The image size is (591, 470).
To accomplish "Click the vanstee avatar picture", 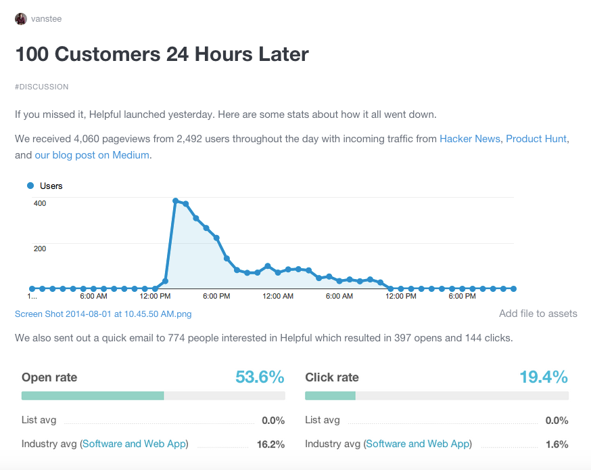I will (21, 19).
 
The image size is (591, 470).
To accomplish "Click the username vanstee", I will (46, 19).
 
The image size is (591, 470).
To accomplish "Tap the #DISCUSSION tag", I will (42, 87).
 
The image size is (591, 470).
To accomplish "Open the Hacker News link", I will (469, 139).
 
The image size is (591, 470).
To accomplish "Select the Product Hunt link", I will (536, 139).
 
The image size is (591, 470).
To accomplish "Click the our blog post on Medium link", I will (91, 155).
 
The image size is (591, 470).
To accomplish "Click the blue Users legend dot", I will (30, 186).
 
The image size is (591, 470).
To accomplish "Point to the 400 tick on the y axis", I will (41, 203).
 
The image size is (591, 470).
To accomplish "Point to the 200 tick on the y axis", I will (41, 249).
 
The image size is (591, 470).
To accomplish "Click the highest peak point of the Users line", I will (175, 201).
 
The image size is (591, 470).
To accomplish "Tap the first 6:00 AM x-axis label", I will (93, 296).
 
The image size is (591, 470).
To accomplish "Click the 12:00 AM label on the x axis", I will (277, 296).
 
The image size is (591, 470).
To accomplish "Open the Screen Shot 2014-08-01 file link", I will (103, 314).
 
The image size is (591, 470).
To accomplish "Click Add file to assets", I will (538, 314).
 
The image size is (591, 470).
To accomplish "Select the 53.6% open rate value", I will (260, 377).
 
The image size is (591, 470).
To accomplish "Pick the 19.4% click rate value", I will (543, 377).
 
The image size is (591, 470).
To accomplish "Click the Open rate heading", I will (49, 377).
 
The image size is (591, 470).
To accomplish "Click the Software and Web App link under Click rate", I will (417, 444).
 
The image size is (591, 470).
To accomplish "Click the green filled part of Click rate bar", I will (330, 396).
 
